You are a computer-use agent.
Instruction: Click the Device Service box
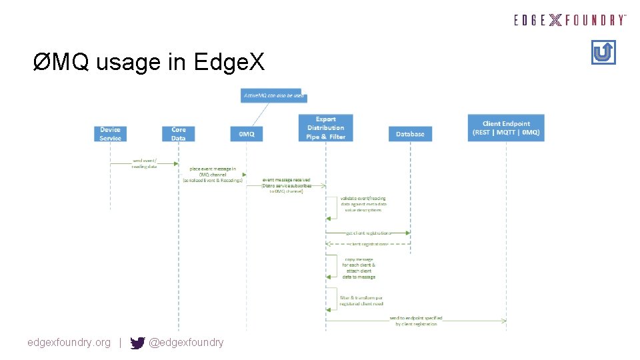click(x=111, y=133)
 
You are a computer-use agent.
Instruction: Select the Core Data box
click(x=179, y=133)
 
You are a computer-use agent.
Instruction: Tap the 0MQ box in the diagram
click(x=247, y=134)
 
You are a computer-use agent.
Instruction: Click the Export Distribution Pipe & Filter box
click(x=326, y=127)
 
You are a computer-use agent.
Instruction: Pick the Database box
click(x=410, y=134)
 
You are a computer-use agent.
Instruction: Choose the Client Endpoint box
click(x=507, y=127)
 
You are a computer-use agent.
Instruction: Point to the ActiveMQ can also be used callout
click(x=273, y=96)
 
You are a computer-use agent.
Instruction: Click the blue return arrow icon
click(x=603, y=52)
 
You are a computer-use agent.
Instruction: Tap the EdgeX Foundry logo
click(x=570, y=20)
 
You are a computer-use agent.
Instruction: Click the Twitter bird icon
click(x=138, y=343)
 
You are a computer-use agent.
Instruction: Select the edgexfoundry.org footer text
click(x=69, y=343)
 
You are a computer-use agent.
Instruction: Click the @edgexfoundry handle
click(x=186, y=343)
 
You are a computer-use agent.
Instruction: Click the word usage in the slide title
click(x=128, y=63)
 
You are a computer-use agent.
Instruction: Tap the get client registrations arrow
click(x=367, y=233)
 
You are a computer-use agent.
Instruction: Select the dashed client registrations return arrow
click(x=367, y=244)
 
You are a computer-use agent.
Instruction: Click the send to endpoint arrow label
click(x=416, y=321)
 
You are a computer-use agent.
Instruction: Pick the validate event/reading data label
click(x=363, y=204)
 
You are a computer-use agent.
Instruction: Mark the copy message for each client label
click(x=359, y=268)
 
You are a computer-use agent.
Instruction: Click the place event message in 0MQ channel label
click(x=213, y=175)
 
